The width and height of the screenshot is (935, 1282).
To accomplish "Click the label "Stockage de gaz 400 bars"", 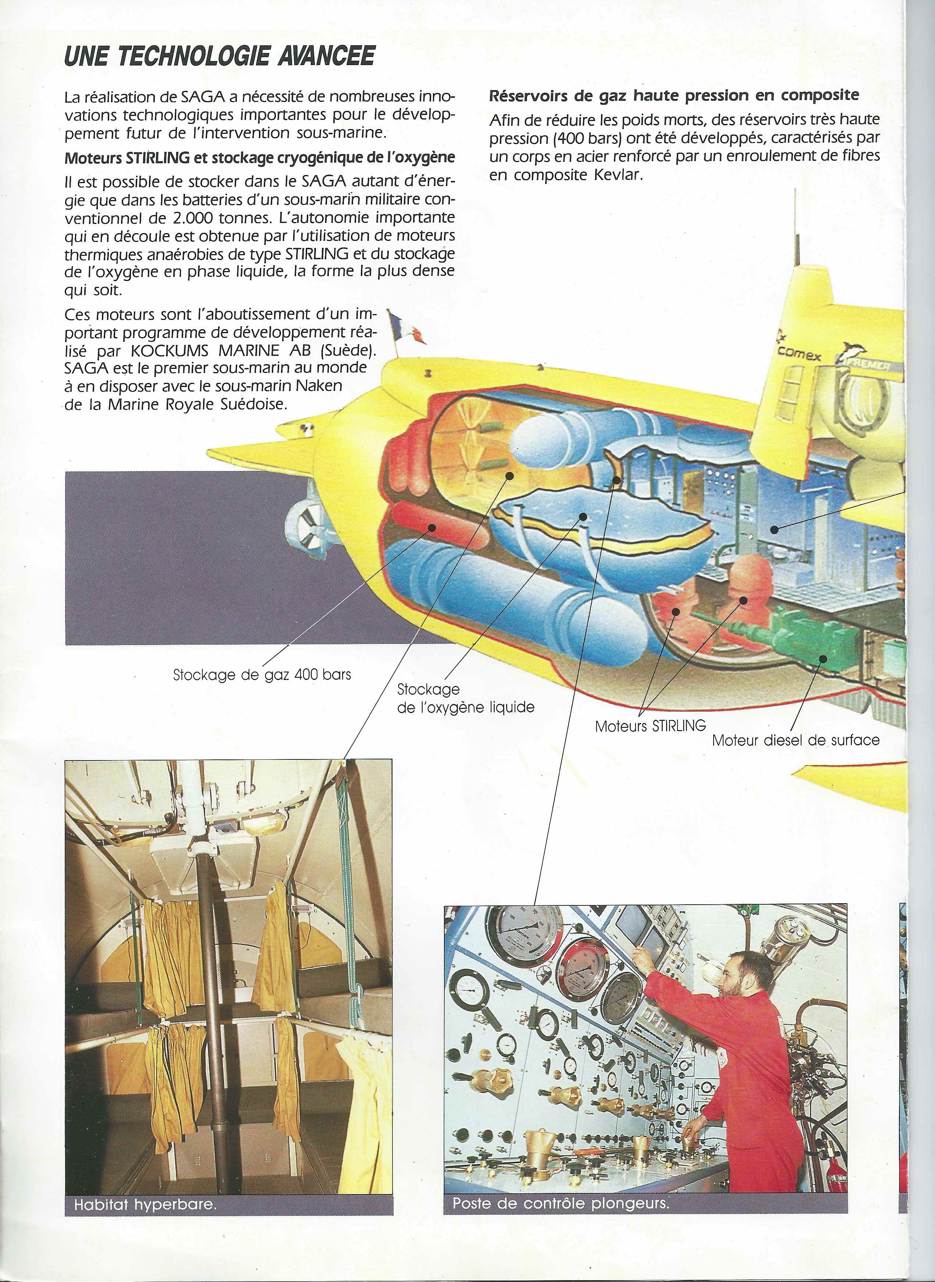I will point(262,674).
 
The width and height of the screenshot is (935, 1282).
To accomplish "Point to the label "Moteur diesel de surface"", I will point(796,740).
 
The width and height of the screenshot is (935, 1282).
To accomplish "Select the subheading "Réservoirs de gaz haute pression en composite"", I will point(673,95).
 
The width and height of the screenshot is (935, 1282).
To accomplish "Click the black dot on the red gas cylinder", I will point(432,528).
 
